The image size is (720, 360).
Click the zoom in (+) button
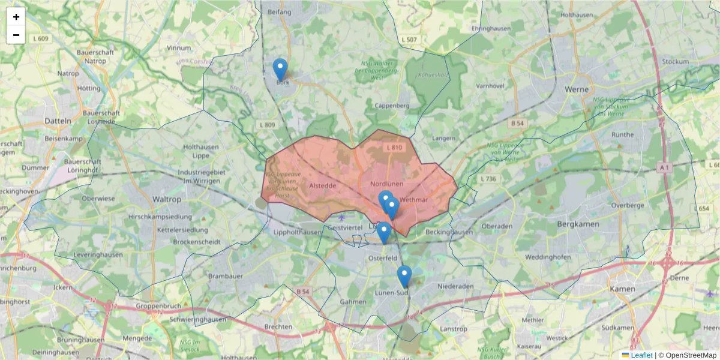(16, 17)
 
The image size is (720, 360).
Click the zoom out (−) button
(16, 35)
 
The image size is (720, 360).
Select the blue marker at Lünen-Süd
(404, 277)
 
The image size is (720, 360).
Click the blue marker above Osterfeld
(384, 233)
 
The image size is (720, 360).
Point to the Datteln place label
(58, 121)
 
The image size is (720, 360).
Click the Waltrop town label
(167, 199)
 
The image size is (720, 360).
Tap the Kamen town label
(622, 289)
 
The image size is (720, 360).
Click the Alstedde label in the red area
(322, 186)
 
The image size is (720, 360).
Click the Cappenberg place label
(391, 106)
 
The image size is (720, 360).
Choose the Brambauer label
(224, 276)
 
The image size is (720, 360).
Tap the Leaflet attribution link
(641, 355)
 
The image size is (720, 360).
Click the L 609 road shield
(41, 38)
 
